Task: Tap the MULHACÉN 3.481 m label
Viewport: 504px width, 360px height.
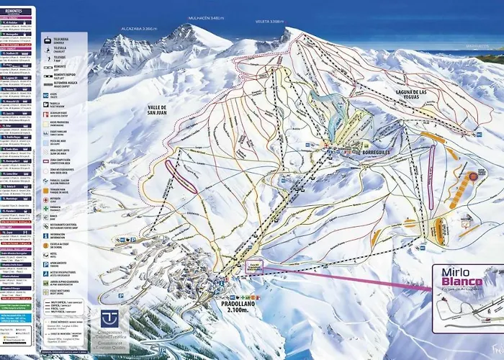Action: (208, 17)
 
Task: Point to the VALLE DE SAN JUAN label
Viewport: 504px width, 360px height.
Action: (151, 109)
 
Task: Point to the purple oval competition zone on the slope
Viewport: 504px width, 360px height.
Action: (181, 176)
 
